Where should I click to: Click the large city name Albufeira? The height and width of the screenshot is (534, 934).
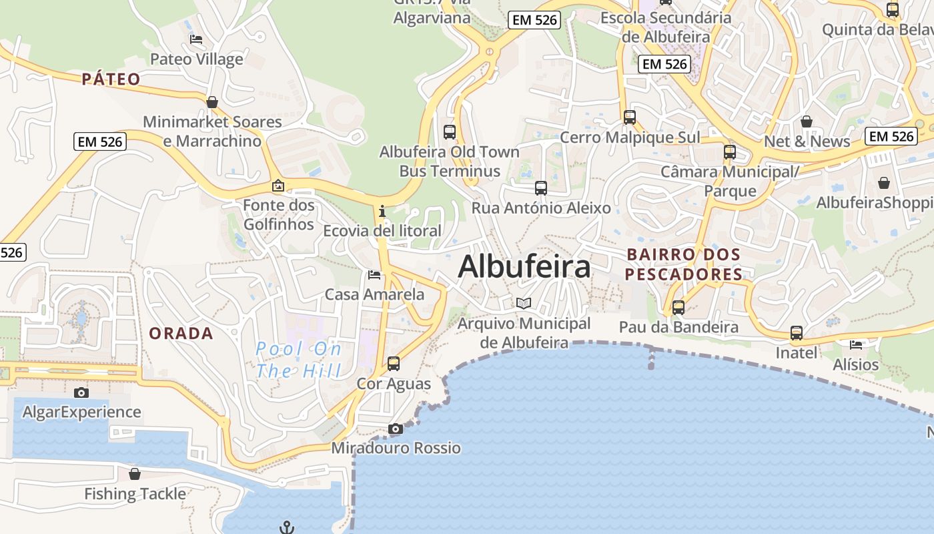pos(524,267)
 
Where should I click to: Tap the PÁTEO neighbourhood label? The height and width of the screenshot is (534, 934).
pos(111,79)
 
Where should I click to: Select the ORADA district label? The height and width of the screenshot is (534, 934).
pos(181,333)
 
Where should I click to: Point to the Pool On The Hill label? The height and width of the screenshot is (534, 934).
pos(299,359)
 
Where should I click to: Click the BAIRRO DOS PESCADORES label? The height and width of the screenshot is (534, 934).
pos(684,264)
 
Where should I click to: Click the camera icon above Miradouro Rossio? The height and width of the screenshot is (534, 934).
pos(396,429)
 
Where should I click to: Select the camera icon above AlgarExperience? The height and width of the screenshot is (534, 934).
pos(81,392)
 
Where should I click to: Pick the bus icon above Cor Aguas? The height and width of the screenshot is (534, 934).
pos(394,364)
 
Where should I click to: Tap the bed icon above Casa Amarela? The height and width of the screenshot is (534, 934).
pos(374,275)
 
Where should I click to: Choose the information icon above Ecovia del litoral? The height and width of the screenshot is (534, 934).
pos(382,212)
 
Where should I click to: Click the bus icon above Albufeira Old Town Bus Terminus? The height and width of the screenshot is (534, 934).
pos(449,131)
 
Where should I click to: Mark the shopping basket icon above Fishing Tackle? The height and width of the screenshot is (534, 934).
pos(135,474)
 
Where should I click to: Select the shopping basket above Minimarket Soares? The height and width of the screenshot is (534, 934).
pos(212,102)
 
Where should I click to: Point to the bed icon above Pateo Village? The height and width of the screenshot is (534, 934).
pos(196,39)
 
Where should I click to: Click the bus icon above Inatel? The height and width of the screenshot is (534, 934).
pos(796,332)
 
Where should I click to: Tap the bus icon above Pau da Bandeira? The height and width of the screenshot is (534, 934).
pos(678,308)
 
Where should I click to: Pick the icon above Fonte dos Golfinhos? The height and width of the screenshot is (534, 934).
pos(278,186)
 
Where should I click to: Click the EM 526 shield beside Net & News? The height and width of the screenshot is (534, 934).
pos(891,136)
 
